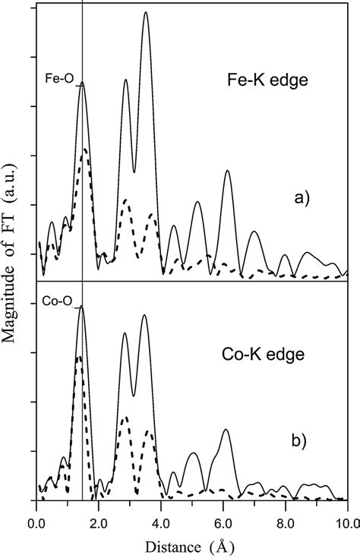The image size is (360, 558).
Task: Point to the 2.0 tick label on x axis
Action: pyautogui.click(x=99, y=522)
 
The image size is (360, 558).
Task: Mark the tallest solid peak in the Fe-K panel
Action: pyautogui.click(x=145, y=13)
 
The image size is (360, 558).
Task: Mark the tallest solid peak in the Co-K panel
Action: pyautogui.click(x=81, y=306)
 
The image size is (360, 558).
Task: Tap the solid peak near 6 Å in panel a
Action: pyautogui.click(x=227, y=172)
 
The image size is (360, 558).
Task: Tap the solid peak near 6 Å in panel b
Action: pyautogui.click(x=225, y=430)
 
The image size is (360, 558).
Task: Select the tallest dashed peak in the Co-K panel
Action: pyautogui.click(x=78, y=356)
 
